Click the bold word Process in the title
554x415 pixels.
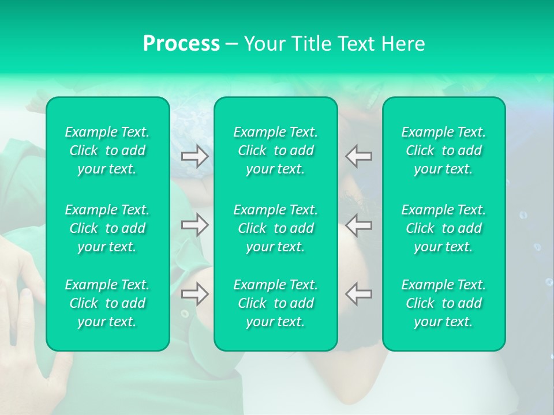181,44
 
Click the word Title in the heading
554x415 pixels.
312,44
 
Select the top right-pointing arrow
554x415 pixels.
195,156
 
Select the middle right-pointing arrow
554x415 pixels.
195,225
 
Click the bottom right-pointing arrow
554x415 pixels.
195,294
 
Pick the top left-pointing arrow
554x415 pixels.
359,156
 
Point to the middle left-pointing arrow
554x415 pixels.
359,225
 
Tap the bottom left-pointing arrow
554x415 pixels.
359,294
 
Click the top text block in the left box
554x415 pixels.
107,150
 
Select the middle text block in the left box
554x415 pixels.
107,228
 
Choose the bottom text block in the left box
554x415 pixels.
107,303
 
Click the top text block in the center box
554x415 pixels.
276,150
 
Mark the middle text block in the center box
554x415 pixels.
276,228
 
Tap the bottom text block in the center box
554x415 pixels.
276,303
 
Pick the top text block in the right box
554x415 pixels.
444,150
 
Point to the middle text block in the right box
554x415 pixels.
444,228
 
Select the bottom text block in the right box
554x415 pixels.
444,303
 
